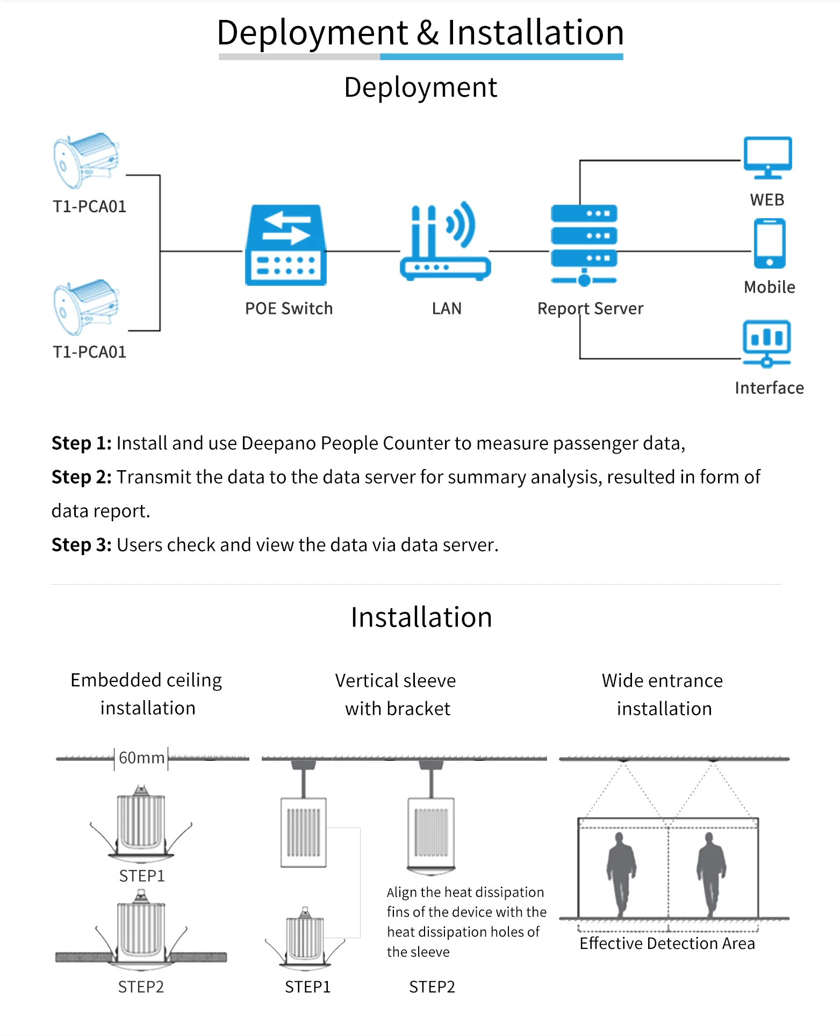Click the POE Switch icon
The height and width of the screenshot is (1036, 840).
click(286, 245)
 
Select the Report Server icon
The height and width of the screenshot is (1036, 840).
click(584, 245)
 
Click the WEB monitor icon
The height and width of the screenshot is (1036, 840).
click(767, 157)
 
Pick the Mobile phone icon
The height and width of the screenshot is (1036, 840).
click(770, 243)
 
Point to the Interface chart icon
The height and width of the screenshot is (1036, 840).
click(767, 343)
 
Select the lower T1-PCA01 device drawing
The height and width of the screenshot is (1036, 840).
click(86, 307)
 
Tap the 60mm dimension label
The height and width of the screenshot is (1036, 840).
click(141, 758)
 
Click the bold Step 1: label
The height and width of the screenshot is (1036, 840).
click(81, 443)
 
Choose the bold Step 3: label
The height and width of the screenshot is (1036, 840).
click(81, 545)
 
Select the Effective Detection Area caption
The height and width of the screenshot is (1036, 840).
click(667, 944)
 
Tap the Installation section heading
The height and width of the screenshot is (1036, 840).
click(421, 617)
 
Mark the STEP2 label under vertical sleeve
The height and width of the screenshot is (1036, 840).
click(432, 987)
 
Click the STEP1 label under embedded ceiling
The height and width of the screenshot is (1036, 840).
click(142, 876)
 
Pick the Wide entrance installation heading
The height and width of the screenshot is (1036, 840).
click(663, 694)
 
